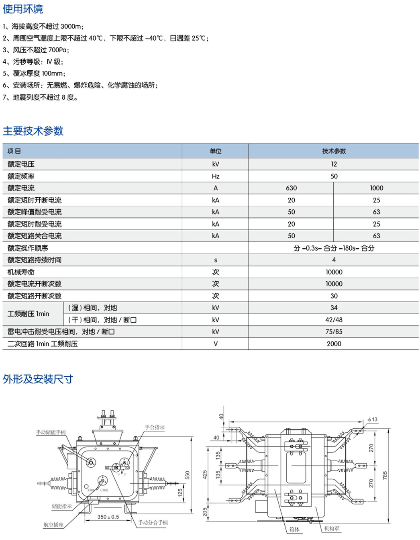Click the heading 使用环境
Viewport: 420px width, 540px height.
(x=23, y=9)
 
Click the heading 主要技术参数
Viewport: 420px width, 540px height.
(x=33, y=131)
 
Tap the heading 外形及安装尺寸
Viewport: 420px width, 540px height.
(x=38, y=379)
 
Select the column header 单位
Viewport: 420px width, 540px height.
(x=216, y=151)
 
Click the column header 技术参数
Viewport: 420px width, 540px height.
(x=334, y=151)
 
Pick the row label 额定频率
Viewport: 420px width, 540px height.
(x=21, y=176)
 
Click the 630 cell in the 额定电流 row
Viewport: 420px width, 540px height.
(x=291, y=188)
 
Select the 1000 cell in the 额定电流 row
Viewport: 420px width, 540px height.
(x=376, y=188)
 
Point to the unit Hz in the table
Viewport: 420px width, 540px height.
(x=216, y=176)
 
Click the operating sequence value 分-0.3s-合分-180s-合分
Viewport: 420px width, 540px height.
(x=334, y=248)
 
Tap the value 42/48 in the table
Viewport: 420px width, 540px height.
(x=334, y=320)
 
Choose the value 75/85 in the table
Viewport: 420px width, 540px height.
(x=334, y=331)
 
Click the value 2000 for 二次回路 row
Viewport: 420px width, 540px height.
(x=334, y=344)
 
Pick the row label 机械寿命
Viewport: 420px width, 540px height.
(x=21, y=272)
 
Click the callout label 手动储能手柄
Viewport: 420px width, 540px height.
(x=51, y=432)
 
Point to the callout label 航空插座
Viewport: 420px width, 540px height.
(x=53, y=524)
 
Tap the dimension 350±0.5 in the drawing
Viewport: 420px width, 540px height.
(x=108, y=517)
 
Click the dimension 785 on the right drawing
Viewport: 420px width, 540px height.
(x=385, y=476)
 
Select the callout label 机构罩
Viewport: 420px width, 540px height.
(x=332, y=529)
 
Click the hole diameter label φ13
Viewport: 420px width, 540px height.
(x=373, y=419)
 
